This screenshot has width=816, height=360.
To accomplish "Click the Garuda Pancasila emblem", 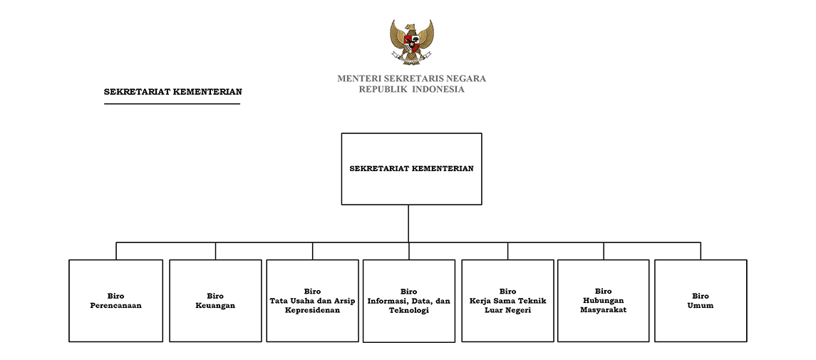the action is (x=412, y=42).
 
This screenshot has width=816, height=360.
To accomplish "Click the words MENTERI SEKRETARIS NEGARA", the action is (x=412, y=78).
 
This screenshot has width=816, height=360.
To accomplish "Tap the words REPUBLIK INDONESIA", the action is (x=412, y=89).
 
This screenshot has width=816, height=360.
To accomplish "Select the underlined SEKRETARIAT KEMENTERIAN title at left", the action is (x=172, y=92).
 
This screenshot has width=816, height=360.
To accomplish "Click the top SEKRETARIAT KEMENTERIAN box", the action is (x=412, y=168).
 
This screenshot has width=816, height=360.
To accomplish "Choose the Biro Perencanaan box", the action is (x=115, y=301).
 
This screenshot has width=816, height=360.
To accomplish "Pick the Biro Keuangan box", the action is (x=215, y=301).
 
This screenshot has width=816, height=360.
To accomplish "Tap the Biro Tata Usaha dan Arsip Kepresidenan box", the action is (x=312, y=301).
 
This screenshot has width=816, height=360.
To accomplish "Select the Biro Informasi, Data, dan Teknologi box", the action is (x=409, y=302).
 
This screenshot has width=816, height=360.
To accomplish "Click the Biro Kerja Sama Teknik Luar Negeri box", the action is (x=508, y=301).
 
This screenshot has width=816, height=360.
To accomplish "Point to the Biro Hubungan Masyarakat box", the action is (x=603, y=301).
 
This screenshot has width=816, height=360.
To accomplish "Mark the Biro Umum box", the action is (x=701, y=301).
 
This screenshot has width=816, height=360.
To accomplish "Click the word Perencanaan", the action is (x=115, y=305).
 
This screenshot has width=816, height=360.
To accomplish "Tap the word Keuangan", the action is (x=215, y=306).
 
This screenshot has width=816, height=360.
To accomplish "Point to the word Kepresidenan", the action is (x=312, y=310).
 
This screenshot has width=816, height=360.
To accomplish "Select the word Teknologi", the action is (x=409, y=311).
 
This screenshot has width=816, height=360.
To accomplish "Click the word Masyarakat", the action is (x=603, y=310).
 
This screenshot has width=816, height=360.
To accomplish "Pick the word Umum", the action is (x=701, y=305).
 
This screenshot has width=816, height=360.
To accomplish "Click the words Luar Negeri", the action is (x=508, y=311).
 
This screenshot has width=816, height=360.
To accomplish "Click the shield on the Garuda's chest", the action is (x=412, y=43).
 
